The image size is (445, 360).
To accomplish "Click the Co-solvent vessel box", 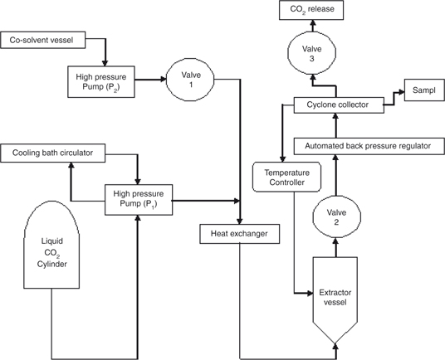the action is (43, 40).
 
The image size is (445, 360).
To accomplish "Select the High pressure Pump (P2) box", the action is (101, 82).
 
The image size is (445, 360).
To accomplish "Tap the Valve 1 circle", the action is (190, 80).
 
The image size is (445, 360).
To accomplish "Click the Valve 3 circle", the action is (312, 53).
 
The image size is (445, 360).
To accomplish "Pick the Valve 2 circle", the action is (336, 216).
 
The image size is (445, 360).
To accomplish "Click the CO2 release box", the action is (311, 10).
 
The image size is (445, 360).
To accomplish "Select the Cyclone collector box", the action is (339, 105).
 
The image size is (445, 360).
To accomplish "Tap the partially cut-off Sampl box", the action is (424, 90).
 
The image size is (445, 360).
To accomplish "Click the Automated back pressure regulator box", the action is (369, 146).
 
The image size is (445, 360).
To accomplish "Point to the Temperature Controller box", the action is (287, 178).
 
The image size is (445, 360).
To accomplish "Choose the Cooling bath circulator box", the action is (53, 153).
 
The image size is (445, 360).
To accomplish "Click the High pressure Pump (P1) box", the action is (139, 200).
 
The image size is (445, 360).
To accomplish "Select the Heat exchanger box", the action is (240, 234).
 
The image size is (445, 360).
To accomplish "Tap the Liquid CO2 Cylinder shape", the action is (51, 245).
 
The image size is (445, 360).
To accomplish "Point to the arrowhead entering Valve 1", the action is (164, 80).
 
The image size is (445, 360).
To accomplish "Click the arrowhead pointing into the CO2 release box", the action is (312, 22).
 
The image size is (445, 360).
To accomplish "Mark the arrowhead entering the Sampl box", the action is (401, 91).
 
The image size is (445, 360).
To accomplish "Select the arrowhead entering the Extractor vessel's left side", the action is (310, 294).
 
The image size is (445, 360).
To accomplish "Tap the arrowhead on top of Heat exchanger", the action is (240, 221).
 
